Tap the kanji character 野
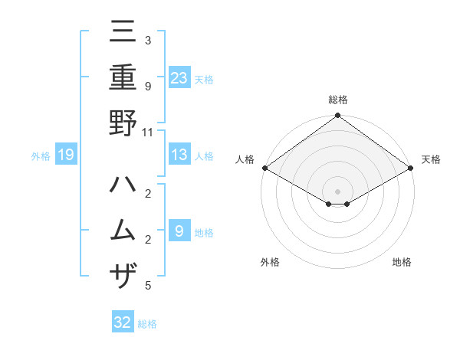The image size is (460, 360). pos(123,123)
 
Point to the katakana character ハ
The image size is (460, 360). pos(123,185)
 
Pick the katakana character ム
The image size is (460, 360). pos(123,230)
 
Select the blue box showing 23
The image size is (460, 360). pos(179,77)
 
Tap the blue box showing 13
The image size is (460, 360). pos(179,155)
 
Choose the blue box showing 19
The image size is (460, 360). pos(66,155)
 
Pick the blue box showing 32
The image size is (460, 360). pos(123,322)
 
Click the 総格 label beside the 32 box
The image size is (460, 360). pos(147,324)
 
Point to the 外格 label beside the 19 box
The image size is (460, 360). pos(41,156)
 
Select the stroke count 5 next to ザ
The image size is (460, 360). pos(148,286)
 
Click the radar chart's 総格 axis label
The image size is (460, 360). pos(337,100)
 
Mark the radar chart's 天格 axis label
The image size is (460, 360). pos(431,159)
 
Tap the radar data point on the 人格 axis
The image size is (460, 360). pos(264,168)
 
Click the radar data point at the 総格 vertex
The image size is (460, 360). pos(337,116)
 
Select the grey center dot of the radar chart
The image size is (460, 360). pos(337,190)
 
